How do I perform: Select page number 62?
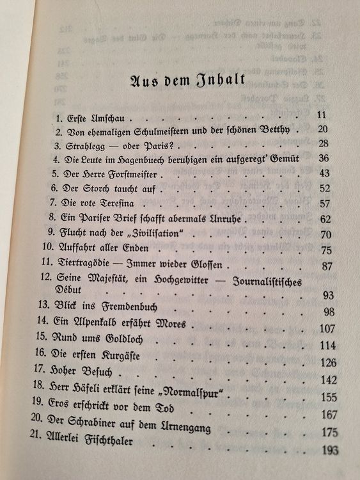pyautogui.click(x=324, y=219)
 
